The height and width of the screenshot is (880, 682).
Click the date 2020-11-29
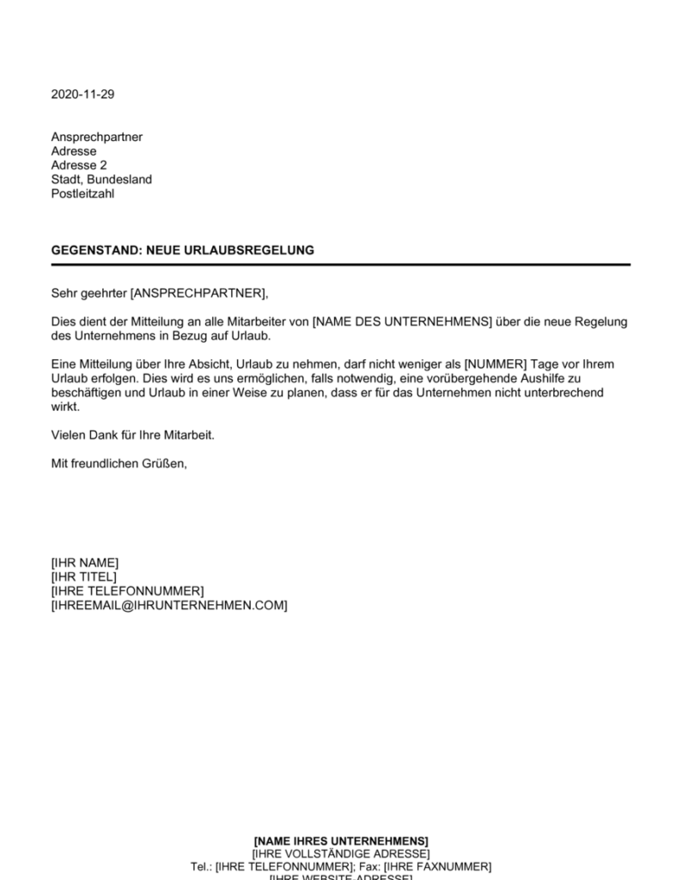click(x=82, y=95)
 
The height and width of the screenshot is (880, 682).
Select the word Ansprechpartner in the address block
click(x=96, y=137)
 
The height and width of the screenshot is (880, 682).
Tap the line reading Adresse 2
click(x=79, y=165)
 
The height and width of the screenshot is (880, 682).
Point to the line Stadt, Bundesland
click(x=101, y=180)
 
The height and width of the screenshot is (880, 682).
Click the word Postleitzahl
click(x=82, y=193)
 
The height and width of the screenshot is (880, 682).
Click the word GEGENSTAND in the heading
click(x=88, y=250)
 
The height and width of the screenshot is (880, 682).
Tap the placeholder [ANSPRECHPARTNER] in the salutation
click(x=198, y=293)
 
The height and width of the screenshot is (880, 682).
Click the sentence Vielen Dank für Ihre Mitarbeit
click(x=132, y=435)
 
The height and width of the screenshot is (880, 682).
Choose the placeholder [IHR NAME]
click(x=85, y=563)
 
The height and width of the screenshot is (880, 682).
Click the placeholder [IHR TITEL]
click(x=84, y=577)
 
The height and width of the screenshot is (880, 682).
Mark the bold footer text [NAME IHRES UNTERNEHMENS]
click(x=341, y=840)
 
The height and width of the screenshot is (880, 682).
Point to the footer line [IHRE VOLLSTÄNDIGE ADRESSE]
click(x=341, y=853)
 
